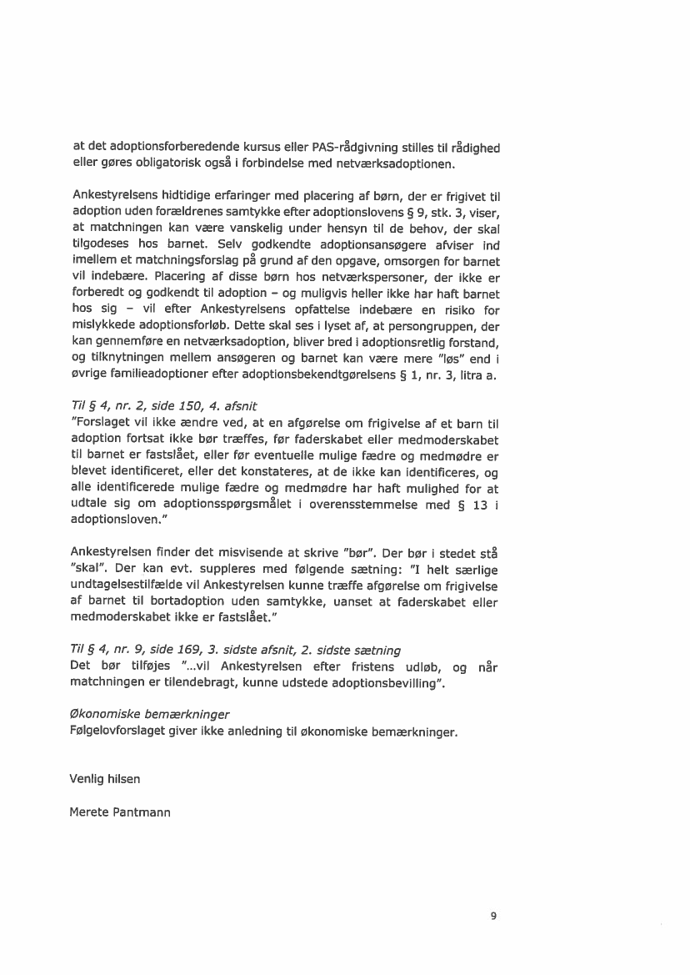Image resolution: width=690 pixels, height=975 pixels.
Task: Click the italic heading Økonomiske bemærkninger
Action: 149,716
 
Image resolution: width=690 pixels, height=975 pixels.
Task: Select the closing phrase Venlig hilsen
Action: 105,780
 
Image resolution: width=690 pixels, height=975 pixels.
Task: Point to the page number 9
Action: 493,916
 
